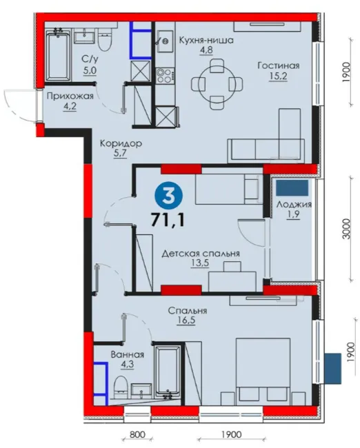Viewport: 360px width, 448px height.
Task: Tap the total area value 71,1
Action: click(168, 219)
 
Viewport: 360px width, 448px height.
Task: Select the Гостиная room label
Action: click(279, 65)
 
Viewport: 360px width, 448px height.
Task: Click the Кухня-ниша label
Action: click(206, 40)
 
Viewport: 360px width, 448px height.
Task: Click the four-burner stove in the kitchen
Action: click(165, 76)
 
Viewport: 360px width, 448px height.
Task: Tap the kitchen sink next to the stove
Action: click(166, 41)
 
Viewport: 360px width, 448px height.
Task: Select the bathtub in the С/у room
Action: click(58, 56)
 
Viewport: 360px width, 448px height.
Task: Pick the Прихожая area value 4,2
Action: click(70, 107)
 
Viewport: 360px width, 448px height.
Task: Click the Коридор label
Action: click(121, 143)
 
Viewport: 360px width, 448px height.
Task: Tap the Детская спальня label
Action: click(201, 254)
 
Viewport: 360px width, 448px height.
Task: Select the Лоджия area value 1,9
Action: click(294, 214)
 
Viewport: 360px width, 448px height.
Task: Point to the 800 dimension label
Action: click(137, 435)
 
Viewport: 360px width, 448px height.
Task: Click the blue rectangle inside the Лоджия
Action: click(292, 187)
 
